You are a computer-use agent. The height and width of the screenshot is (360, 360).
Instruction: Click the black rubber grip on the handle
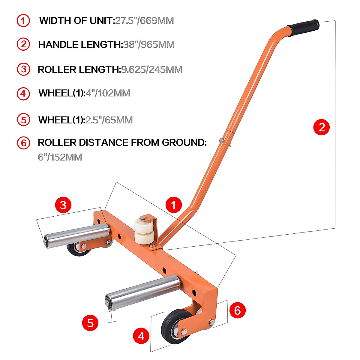tap(303, 28)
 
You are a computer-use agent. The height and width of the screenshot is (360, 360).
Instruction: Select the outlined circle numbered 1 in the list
tap(23, 21)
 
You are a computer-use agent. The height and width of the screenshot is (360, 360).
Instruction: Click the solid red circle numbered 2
tap(321, 127)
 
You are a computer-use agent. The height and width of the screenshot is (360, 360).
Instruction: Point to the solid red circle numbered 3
tap(63, 205)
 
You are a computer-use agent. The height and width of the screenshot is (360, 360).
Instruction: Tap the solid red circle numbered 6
tap(237, 310)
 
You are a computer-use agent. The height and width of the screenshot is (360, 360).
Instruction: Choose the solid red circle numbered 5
tap(90, 323)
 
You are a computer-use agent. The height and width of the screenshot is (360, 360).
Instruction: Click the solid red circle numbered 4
tap(141, 336)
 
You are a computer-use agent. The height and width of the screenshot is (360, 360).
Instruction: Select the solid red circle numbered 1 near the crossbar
tap(173, 205)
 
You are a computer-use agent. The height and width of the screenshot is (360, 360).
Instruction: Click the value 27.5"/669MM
tap(144, 21)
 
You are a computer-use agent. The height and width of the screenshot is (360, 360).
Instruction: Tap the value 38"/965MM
tap(149, 45)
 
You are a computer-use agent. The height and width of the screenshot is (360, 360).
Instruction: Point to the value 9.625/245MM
tap(151, 70)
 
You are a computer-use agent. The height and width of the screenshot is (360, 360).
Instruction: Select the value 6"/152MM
tap(60, 157)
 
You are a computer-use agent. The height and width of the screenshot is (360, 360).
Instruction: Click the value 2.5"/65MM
tap(109, 120)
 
